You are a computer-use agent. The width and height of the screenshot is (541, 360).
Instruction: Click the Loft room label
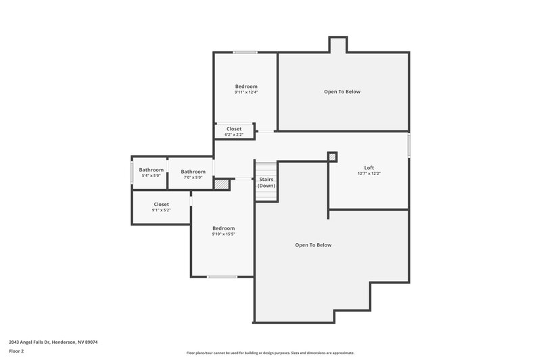tap(369, 168)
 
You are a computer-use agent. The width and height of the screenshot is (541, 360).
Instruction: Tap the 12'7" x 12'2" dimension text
tap(369, 174)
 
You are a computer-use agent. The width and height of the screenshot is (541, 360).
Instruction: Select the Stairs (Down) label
tap(266, 182)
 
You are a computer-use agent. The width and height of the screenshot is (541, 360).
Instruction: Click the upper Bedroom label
tap(246, 86)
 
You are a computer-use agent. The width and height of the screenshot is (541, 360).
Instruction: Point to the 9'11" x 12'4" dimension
tap(246, 93)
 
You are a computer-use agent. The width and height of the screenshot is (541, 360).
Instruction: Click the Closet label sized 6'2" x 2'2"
tap(234, 128)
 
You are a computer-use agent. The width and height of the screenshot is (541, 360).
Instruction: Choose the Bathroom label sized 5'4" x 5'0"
tap(151, 170)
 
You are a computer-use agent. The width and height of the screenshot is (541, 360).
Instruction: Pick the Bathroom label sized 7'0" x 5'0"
tap(193, 172)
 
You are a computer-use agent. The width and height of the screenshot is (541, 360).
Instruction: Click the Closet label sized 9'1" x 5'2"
tap(161, 204)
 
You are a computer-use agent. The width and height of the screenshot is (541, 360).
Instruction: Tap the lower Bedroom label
tap(223, 228)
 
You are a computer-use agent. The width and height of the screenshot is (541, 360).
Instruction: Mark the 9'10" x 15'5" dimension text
tap(223, 234)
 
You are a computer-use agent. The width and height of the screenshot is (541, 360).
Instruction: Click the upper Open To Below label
tap(342, 91)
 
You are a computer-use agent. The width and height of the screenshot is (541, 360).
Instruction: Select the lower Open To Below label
tap(313, 245)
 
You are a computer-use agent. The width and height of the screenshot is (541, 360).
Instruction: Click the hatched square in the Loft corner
tap(332, 157)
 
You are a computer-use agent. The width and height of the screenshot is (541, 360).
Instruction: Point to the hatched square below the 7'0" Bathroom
tap(220, 184)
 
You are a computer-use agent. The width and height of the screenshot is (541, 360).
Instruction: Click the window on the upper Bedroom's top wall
tap(245, 53)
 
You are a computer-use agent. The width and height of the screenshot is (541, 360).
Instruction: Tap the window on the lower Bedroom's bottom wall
tap(222, 277)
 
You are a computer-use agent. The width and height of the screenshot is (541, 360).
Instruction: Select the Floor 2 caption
tap(17, 351)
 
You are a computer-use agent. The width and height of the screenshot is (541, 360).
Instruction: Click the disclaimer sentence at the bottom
tap(270, 353)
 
